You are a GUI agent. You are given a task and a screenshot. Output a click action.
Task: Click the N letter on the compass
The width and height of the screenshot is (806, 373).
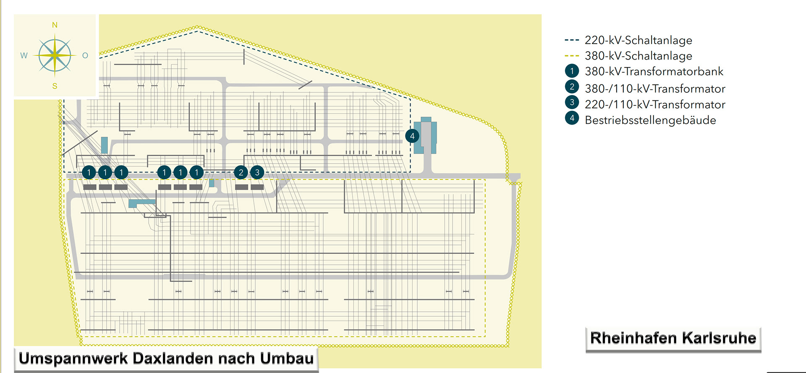55,25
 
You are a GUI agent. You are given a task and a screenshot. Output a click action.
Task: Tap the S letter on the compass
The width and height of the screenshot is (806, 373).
55,86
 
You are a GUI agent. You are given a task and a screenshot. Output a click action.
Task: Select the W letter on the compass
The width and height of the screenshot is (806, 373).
24,55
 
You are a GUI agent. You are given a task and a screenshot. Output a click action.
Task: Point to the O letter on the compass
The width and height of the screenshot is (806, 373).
85,55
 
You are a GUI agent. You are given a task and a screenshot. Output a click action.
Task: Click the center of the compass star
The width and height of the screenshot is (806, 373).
55,55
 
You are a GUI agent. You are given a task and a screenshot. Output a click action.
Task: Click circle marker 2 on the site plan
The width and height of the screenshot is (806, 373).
241,172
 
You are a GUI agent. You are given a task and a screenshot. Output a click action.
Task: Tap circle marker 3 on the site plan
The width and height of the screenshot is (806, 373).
257,172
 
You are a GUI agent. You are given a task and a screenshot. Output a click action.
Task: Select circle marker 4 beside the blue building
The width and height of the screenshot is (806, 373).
412,136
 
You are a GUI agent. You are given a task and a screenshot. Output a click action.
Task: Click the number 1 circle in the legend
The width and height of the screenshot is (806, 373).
572,71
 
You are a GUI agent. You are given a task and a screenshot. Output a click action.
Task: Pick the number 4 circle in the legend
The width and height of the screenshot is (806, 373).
572,118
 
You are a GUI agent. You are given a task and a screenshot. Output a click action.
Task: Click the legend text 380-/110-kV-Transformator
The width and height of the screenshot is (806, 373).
655,89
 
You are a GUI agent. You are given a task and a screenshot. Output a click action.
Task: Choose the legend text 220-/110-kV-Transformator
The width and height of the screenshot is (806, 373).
655,104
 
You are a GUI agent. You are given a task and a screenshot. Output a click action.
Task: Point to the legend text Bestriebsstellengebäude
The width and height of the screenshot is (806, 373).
650,120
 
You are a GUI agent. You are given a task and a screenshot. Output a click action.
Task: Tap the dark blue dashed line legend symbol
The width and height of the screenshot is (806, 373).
572,40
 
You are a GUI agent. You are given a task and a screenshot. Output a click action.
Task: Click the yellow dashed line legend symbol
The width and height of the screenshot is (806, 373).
572,56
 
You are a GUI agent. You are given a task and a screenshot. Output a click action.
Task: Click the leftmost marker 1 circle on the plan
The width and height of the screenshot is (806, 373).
89,172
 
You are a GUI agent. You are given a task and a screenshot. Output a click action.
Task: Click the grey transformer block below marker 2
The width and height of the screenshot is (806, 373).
241,187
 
